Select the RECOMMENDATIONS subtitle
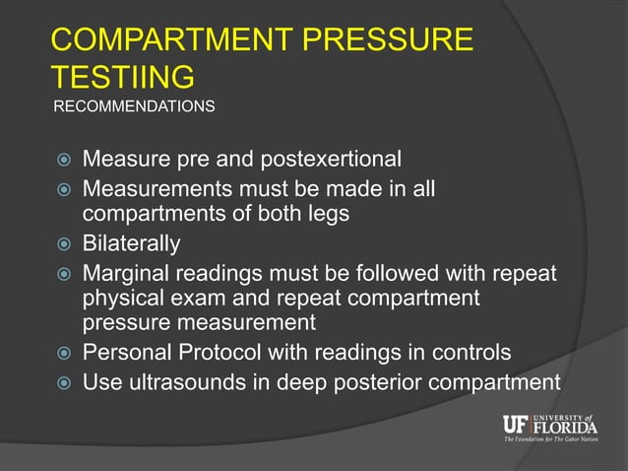(x=133, y=104)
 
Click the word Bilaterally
(x=131, y=242)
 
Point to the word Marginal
(x=129, y=270)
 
